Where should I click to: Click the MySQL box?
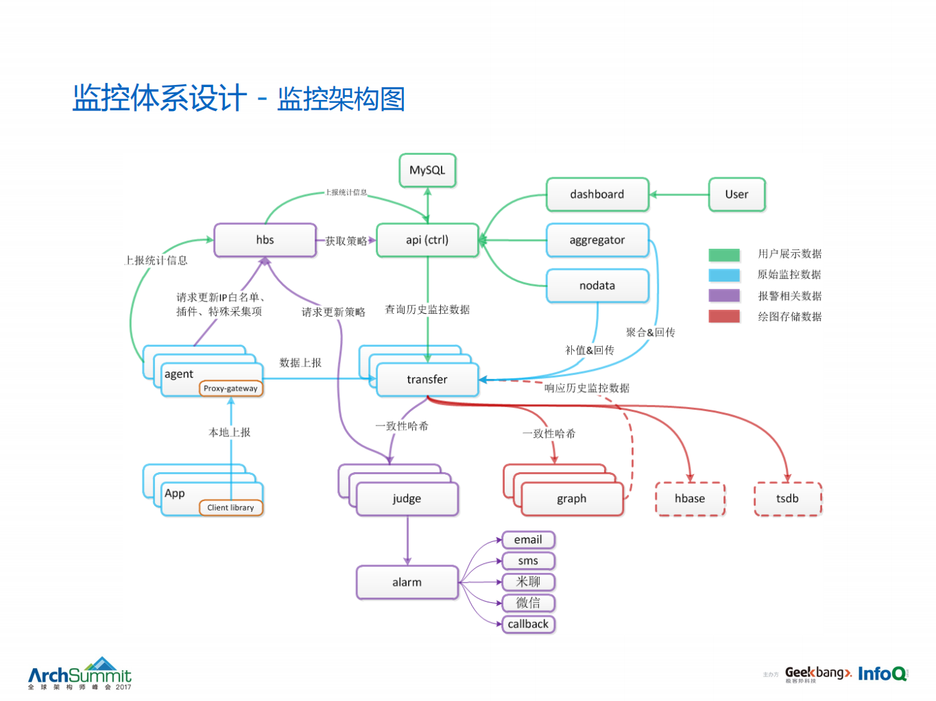(x=427, y=170)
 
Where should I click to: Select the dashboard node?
(x=597, y=195)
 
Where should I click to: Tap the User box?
(x=736, y=195)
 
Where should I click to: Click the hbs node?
(x=265, y=240)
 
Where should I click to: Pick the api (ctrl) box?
(x=427, y=240)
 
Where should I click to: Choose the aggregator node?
(x=597, y=240)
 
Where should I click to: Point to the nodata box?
(x=597, y=286)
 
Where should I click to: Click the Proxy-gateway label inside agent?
(x=230, y=389)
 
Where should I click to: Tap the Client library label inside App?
(x=230, y=508)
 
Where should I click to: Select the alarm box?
(x=407, y=582)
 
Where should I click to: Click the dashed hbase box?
(x=690, y=499)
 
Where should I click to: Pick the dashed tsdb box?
(x=787, y=499)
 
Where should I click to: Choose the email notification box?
(x=528, y=540)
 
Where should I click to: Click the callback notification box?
(x=528, y=624)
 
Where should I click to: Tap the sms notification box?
(x=528, y=561)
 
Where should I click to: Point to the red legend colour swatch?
(x=724, y=317)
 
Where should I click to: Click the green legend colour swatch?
(x=724, y=255)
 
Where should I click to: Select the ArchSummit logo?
(x=80, y=674)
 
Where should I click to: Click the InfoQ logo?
(x=883, y=674)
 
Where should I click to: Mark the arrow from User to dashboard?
(x=679, y=195)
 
